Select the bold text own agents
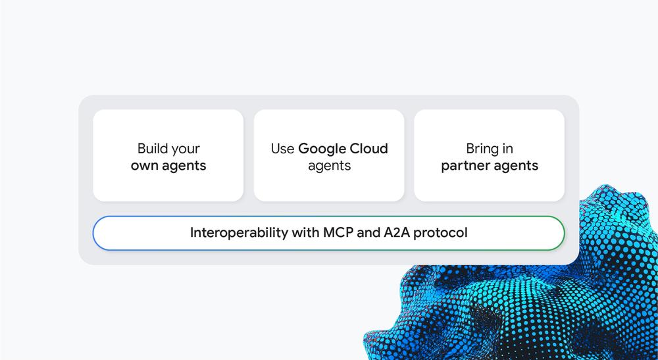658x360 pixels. point(168,166)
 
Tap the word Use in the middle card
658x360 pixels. point(282,149)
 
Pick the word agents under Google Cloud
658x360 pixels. point(329,166)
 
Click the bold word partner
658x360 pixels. point(465,166)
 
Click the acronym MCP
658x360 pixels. point(338,232)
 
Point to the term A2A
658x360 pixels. point(397,232)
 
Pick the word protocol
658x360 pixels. point(441,233)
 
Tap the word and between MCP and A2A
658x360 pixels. point(368,232)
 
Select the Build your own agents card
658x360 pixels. point(168,155)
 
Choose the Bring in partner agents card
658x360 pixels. point(490,155)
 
